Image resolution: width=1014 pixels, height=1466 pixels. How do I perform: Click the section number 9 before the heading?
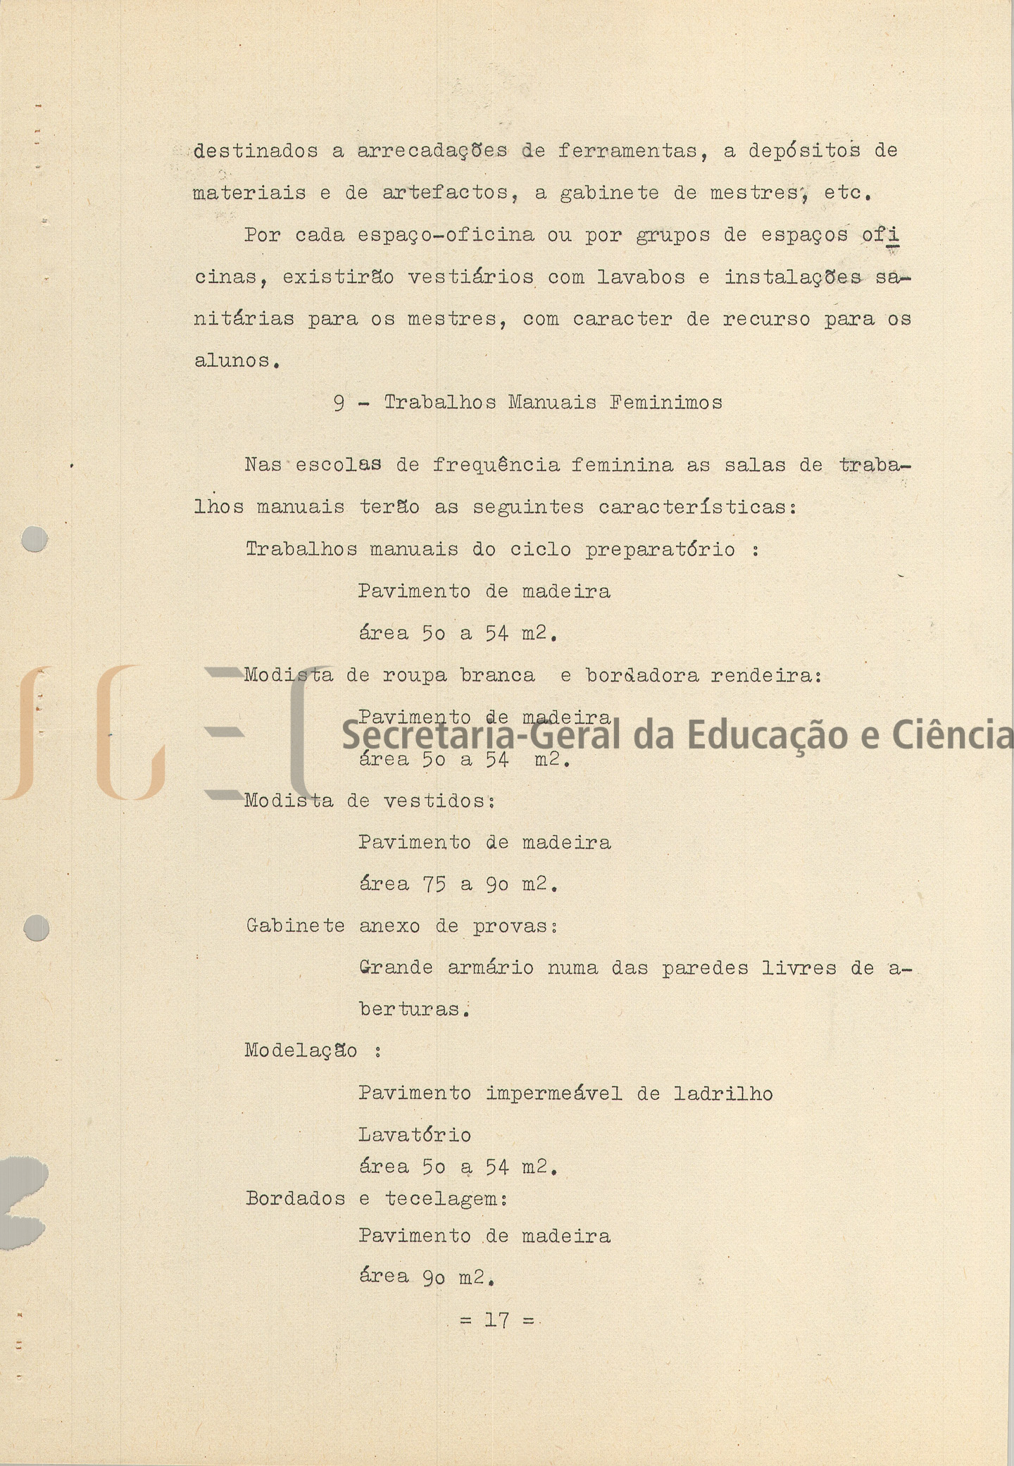(x=339, y=403)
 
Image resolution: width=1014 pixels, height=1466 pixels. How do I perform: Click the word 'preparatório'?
(x=661, y=550)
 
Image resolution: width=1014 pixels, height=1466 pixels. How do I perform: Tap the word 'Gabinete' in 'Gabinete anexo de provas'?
(x=295, y=926)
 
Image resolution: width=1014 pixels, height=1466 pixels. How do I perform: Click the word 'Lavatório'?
(x=415, y=1135)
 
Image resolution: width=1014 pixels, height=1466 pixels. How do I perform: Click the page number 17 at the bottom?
(x=496, y=1320)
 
